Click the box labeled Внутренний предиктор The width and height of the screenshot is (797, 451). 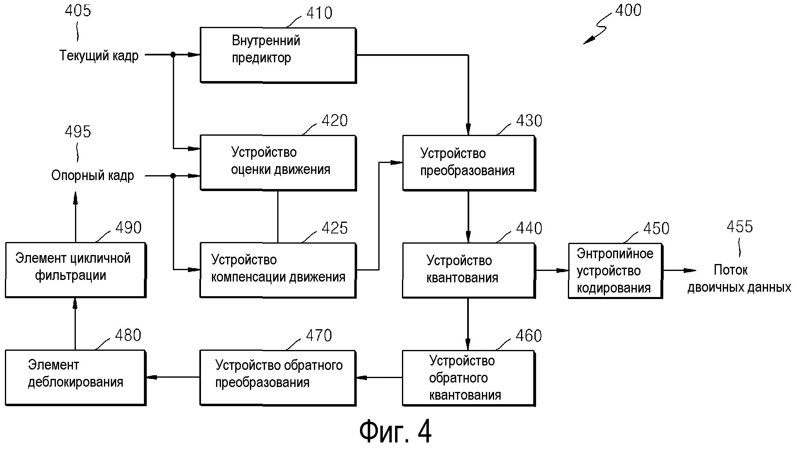tap(278, 55)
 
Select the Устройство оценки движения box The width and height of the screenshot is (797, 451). tap(278, 163)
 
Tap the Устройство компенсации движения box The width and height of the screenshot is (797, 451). tap(278, 270)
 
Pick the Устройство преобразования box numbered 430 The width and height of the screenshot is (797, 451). tap(469, 163)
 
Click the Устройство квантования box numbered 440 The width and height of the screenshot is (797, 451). tap(469, 270)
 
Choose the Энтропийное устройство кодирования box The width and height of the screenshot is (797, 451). tap(615, 271)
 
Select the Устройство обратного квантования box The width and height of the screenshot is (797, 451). tap(469, 378)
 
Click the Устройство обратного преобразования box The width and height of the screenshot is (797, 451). tap(278, 378)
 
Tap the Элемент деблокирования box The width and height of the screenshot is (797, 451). tap(75, 378)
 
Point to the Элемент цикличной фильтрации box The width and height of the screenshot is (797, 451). tap(75, 270)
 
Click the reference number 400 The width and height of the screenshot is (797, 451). tap(628, 11)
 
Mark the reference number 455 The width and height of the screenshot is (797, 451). tap(740, 227)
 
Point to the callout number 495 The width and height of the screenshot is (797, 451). tap(78, 132)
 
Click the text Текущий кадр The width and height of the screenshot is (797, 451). tap(99, 55)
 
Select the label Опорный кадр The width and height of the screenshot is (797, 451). tap(93, 176)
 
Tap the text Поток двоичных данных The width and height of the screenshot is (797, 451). tap(739, 279)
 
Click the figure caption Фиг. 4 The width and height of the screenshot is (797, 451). tap(395, 432)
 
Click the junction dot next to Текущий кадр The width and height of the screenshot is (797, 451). tap(173, 55)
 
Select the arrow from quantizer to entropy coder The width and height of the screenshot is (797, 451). tap(552, 270)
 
